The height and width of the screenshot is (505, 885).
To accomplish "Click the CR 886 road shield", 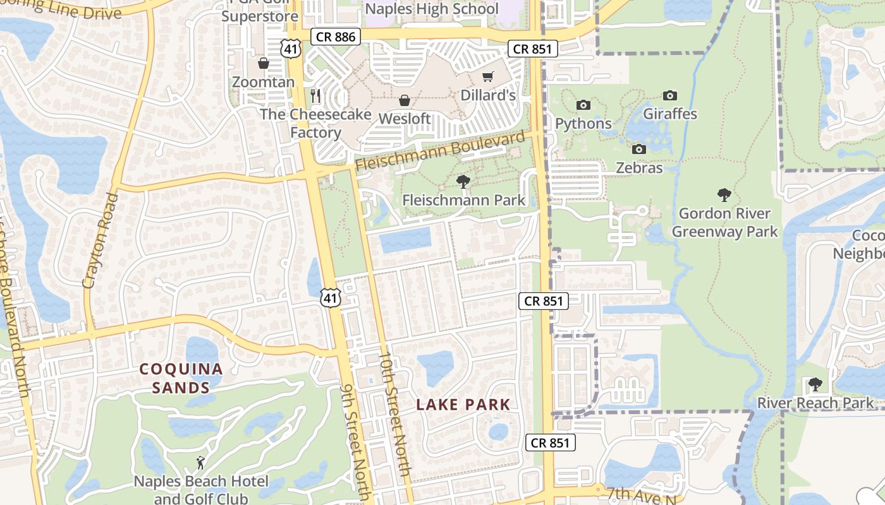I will [x=336, y=37].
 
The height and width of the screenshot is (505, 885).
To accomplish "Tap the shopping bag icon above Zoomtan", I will [x=264, y=64].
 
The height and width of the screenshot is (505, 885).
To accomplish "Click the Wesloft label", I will [x=405, y=119].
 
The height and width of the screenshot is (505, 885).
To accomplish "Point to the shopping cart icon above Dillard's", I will [x=487, y=77].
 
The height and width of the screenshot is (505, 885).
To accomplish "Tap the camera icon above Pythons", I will [x=583, y=105].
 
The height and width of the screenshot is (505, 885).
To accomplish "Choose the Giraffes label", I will [x=670, y=114].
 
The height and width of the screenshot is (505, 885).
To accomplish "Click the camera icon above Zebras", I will [x=639, y=150].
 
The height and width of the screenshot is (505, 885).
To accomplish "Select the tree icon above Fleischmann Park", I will [x=463, y=182].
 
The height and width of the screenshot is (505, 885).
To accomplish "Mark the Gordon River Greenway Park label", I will [x=724, y=222].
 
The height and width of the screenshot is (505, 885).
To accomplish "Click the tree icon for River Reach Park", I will [x=815, y=384].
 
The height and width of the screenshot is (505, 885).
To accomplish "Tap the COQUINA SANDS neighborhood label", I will [x=181, y=378].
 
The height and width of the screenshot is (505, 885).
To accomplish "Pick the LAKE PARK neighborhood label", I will [x=463, y=405].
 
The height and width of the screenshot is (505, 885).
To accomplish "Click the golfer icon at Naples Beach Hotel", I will [x=200, y=463].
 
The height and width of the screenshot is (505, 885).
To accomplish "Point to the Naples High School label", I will [x=432, y=9].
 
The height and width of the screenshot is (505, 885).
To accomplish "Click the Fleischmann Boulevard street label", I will [x=440, y=151].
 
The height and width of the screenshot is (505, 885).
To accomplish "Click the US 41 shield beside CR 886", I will [x=291, y=48].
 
